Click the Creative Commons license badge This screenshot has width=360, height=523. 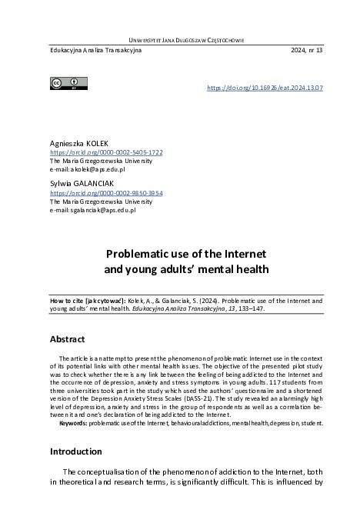65,83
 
